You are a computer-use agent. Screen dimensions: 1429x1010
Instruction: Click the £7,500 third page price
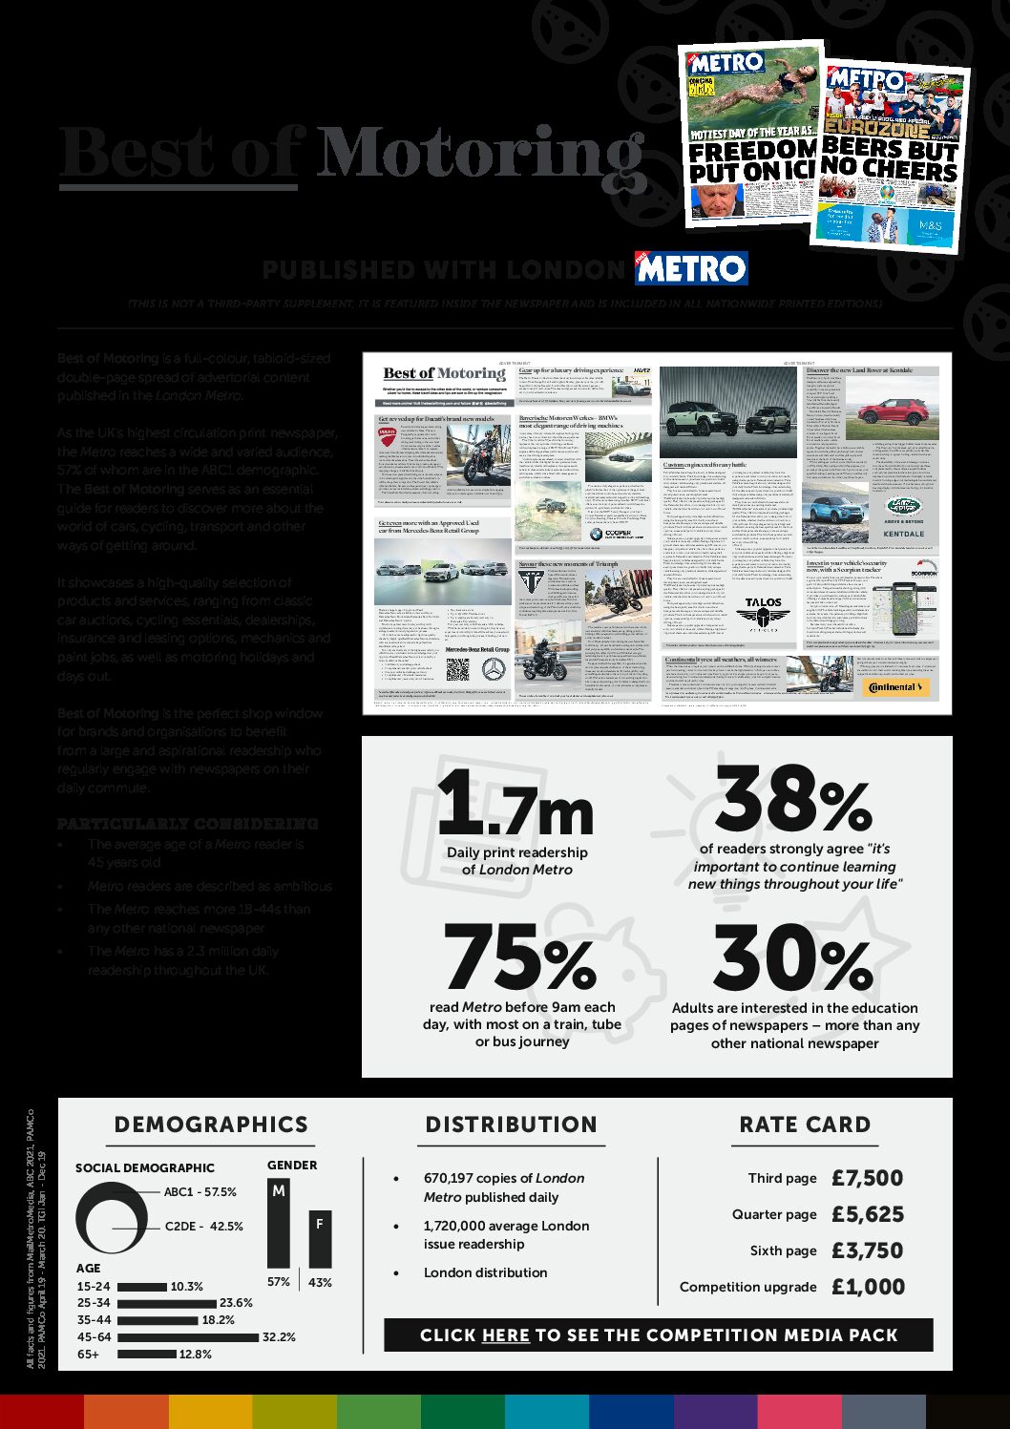click(x=867, y=1178)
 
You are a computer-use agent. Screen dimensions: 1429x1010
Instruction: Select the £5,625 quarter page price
click(x=867, y=1214)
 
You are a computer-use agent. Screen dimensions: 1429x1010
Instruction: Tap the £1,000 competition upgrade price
click(x=867, y=1287)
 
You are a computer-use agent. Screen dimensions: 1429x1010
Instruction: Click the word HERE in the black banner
click(x=506, y=1335)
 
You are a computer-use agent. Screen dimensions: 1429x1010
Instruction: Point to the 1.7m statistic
click(x=516, y=803)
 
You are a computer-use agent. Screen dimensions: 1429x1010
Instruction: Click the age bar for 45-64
click(x=187, y=1337)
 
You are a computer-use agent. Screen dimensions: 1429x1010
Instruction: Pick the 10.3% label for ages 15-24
click(x=187, y=1287)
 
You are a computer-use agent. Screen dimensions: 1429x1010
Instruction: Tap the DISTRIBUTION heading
click(x=511, y=1124)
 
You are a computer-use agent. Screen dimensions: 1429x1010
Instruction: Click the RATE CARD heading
click(x=805, y=1124)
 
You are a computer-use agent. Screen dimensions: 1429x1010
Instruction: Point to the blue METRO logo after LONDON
click(x=691, y=268)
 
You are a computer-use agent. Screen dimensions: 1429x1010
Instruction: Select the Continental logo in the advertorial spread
click(x=894, y=687)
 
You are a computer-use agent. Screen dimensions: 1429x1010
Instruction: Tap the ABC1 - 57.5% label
click(x=200, y=1192)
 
